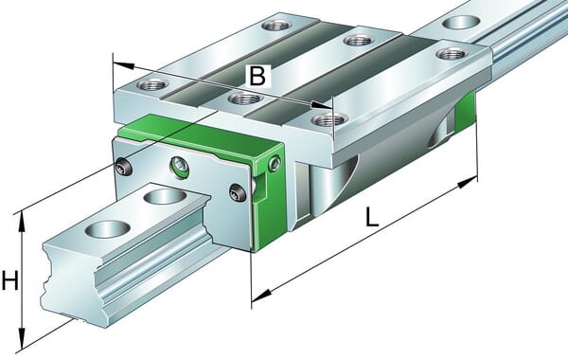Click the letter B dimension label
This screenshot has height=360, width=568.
click(x=257, y=76)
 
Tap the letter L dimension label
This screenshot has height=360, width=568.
click(x=371, y=218)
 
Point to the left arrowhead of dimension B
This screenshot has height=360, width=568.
click(x=124, y=65)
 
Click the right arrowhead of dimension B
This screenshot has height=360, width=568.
click(x=322, y=105)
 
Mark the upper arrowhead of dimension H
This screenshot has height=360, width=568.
click(x=22, y=222)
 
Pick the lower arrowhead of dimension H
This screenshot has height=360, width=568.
click(x=22, y=339)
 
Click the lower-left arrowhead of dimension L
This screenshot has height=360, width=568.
click(x=261, y=296)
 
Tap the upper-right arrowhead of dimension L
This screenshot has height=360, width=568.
click(x=468, y=182)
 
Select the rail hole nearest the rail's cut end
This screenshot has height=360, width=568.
click(x=107, y=229)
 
